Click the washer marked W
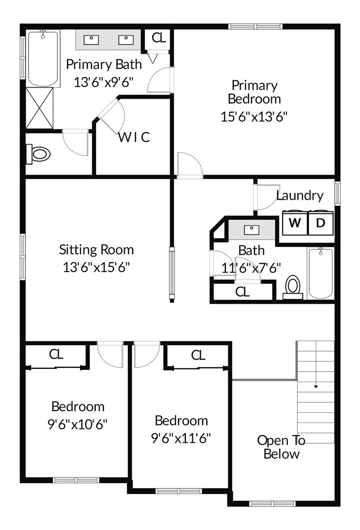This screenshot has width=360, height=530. [295, 223]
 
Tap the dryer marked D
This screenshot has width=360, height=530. [321, 223]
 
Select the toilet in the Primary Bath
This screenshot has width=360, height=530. [38, 154]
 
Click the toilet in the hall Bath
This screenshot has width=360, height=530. [293, 287]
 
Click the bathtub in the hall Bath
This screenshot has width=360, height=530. [321, 273]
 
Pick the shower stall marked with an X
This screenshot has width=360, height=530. [39, 108]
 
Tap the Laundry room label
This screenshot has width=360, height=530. [299, 196]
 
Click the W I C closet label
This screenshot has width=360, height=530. [134, 137]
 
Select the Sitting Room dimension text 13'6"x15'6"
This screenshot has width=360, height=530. [96, 267]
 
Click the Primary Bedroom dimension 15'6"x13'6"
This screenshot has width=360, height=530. [254, 117]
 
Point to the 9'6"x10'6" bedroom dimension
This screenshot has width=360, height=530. [77, 424]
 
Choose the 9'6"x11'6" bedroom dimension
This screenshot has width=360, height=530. [181, 438]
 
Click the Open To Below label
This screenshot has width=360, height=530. [281, 447]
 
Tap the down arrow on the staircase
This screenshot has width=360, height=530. [316, 387]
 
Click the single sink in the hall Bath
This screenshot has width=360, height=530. [252, 229]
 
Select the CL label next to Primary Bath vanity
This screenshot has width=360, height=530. [159, 38]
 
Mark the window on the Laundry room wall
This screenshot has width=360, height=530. [337, 193]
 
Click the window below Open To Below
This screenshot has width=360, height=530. [272, 504]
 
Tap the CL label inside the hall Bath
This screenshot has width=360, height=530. [242, 292]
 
